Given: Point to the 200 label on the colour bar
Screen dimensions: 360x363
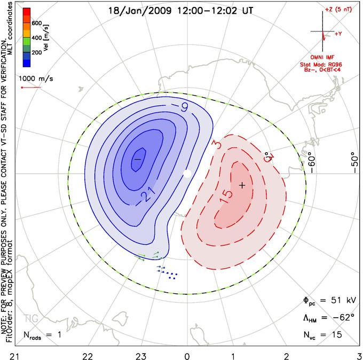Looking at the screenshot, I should (37, 53).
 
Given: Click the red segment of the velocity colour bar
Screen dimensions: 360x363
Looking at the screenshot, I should (26, 13).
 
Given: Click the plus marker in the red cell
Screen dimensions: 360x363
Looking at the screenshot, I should (242, 185).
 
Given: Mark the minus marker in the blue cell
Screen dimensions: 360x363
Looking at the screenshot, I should (137, 159).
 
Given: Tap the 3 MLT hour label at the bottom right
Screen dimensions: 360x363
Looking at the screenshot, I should (359, 354).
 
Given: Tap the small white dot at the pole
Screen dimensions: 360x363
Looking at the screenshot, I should (187, 173).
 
